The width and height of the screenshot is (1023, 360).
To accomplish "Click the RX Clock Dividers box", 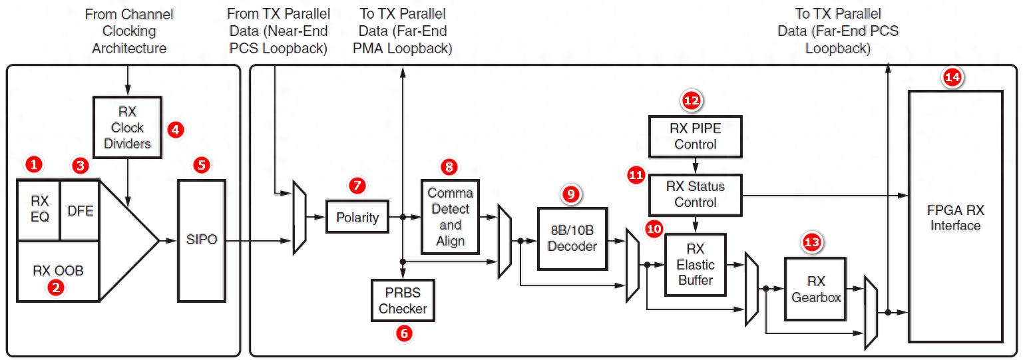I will (x=128, y=127).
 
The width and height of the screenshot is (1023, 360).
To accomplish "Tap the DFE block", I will (x=80, y=210).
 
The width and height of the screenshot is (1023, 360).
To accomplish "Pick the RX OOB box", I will (x=57, y=271).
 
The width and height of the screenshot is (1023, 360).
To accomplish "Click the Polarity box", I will (x=357, y=216).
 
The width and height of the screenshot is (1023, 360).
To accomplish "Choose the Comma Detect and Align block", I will (x=450, y=216).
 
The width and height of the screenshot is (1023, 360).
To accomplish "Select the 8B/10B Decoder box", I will (x=571, y=238).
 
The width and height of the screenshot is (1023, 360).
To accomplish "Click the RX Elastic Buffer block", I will (x=696, y=264).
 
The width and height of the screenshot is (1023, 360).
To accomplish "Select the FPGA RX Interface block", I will (x=955, y=216).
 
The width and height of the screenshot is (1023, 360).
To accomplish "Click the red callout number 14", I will (x=952, y=78).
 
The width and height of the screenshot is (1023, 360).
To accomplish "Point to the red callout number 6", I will (x=403, y=333).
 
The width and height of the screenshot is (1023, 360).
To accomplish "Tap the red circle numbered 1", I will (x=33, y=163).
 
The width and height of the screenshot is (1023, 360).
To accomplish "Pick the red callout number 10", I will (x=654, y=229).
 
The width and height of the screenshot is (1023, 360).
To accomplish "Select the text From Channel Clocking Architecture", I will (x=129, y=31).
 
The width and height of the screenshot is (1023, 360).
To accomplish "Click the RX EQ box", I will (x=39, y=209).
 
